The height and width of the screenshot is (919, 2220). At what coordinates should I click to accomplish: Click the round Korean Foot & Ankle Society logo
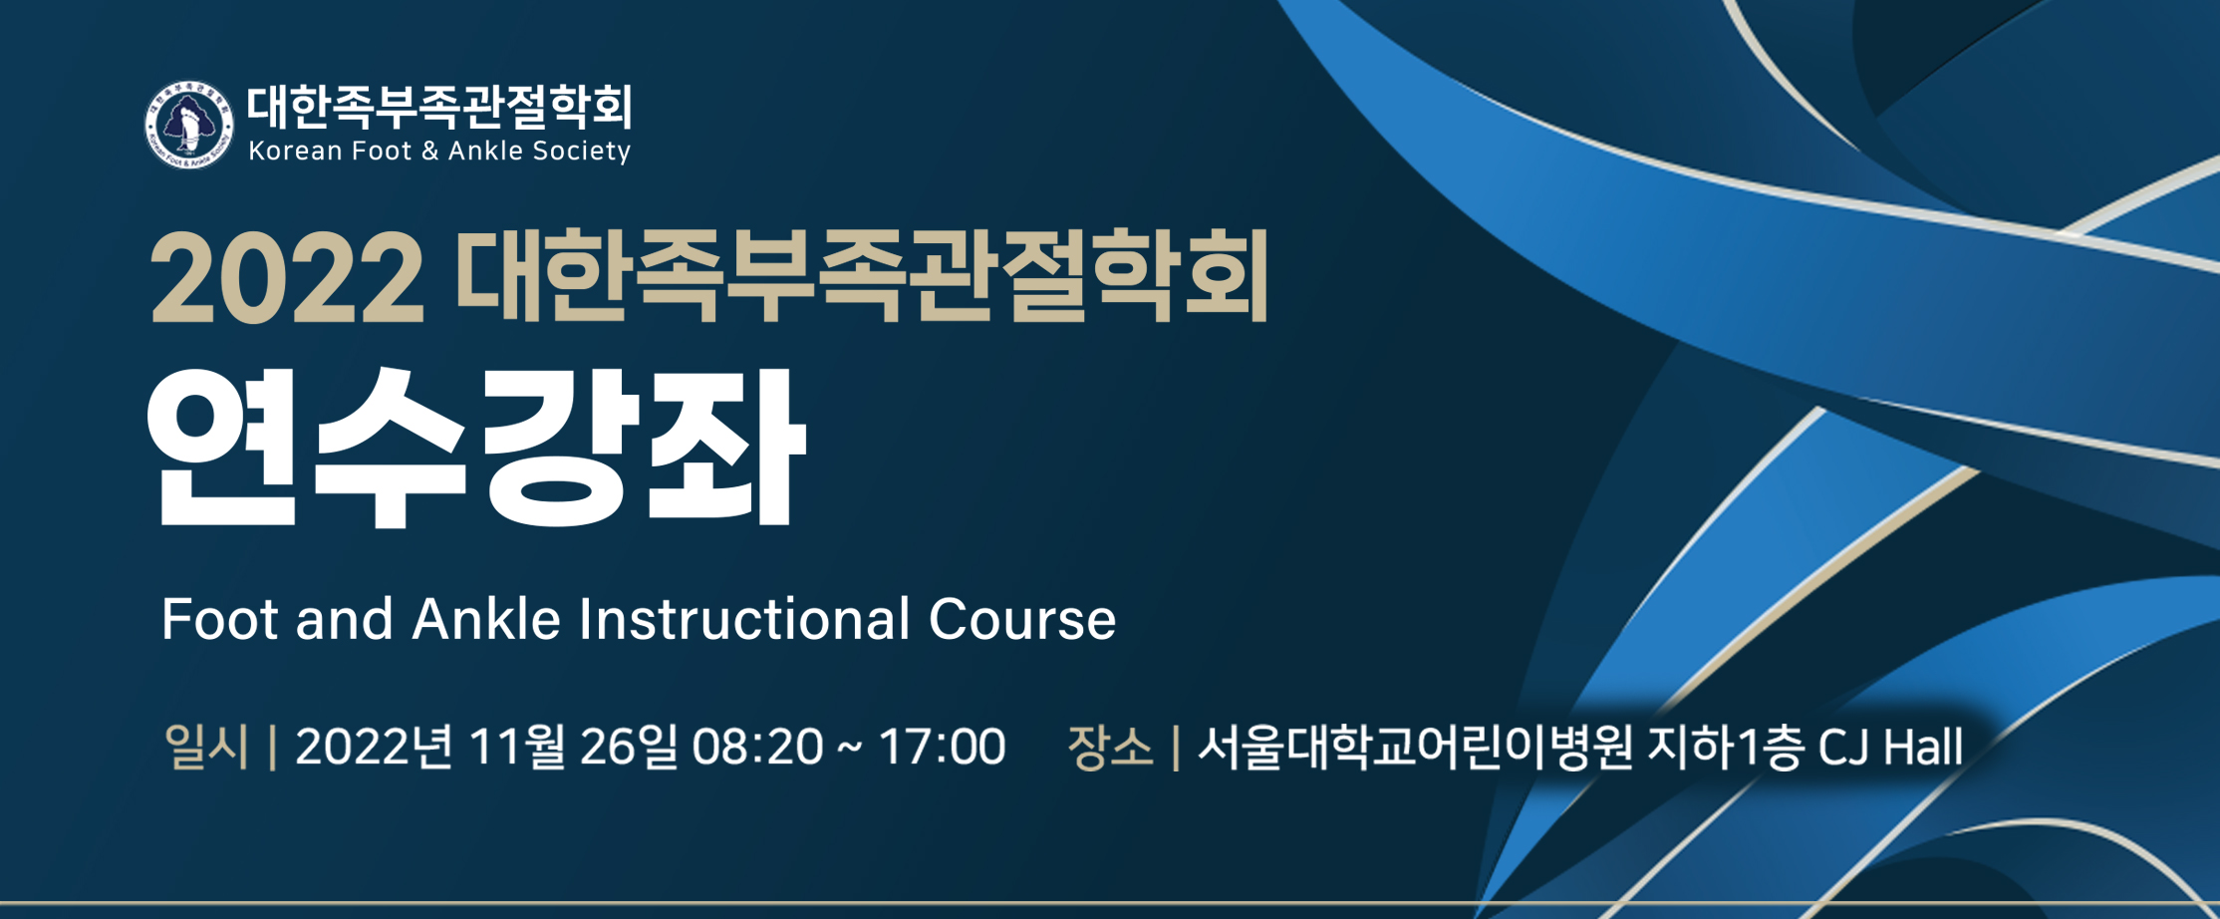coord(188,125)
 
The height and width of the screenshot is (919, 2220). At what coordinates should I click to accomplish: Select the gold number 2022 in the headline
coord(287,277)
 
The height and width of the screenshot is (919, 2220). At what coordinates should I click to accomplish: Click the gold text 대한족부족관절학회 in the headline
coord(862,275)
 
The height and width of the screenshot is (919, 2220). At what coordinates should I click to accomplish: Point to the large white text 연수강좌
coord(474,448)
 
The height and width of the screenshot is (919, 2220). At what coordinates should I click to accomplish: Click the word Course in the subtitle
coord(1022,619)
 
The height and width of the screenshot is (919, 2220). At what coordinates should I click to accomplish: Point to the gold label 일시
coord(206,747)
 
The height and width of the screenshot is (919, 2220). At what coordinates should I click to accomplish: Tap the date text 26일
coord(628,747)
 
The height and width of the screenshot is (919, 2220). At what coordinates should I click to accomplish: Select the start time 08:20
coord(758,748)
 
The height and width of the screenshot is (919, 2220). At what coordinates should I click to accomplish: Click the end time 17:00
coord(942,748)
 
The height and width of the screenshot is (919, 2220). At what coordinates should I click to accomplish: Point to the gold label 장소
coord(1110,747)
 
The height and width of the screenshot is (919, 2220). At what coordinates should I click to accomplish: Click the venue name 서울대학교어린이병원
coord(1415,747)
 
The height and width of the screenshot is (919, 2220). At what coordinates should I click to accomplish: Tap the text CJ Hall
coord(1890,748)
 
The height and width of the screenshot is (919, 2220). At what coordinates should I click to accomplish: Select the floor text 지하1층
coord(1725,747)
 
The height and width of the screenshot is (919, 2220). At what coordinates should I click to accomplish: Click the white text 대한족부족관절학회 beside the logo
coord(439,107)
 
